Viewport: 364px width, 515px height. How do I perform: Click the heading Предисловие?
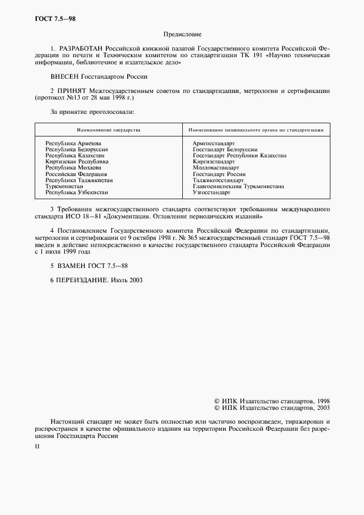(181, 34)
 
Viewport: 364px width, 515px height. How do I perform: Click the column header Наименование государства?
(108, 130)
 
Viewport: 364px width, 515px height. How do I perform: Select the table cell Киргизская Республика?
(77, 162)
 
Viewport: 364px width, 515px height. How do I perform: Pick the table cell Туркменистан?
(65, 187)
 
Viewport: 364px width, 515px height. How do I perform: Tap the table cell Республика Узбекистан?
(77, 193)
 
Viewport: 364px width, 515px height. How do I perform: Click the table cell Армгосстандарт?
(214, 143)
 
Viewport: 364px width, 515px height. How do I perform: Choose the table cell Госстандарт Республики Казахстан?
(239, 156)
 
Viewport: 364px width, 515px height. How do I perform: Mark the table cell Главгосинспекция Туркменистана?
(238, 187)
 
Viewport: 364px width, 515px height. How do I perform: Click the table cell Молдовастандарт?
(215, 168)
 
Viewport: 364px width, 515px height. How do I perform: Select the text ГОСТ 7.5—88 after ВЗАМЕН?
(108, 265)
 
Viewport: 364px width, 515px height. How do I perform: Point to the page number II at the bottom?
(37, 447)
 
